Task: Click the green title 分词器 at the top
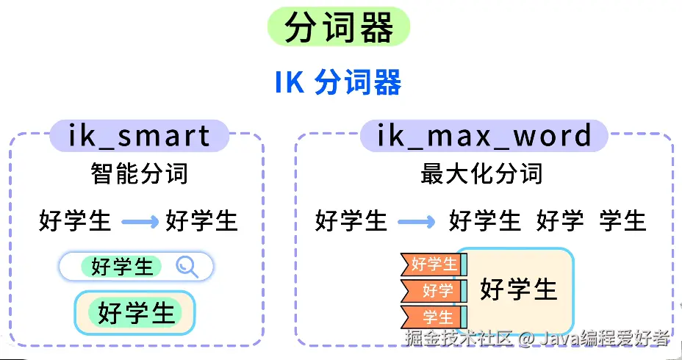[x=339, y=28]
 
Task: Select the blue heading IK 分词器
[x=339, y=82]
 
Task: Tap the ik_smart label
[x=139, y=135]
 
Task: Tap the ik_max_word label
[x=484, y=135]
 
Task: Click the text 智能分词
[x=139, y=174]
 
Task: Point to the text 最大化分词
[x=481, y=174]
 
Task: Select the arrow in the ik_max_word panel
[x=416, y=220]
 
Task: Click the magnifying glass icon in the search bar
[x=187, y=267]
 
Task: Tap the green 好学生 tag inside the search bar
[x=123, y=267]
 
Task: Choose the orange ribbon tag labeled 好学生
[x=433, y=264]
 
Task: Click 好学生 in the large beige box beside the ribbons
[x=518, y=289]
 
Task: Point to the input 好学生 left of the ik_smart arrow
[x=75, y=220]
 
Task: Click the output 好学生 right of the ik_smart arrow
[x=201, y=220]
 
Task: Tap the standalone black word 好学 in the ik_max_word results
[x=560, y=220]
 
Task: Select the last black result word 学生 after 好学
[x=622, y=220]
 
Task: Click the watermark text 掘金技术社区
[x=458, y=338]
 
